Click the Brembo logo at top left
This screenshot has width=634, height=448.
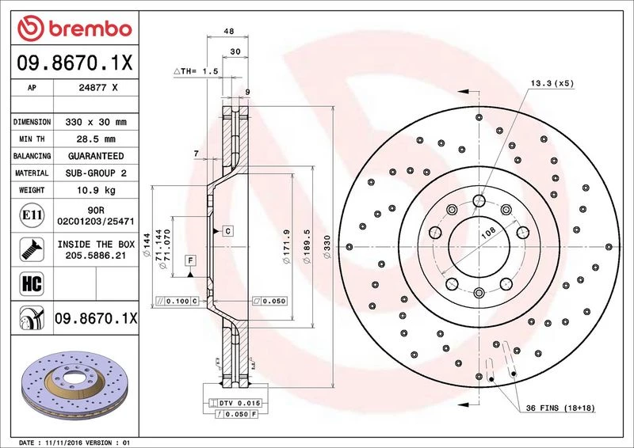point(74,28)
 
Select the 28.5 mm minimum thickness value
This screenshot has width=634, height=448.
point(96,139)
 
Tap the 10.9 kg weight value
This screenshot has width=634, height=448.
point(96,190)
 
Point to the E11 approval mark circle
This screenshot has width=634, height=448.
point(32,215)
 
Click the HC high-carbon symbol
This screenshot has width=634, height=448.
point(32,283)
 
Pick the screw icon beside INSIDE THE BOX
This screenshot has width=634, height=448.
point(32,249)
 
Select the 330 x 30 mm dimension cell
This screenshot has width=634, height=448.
point(96,122)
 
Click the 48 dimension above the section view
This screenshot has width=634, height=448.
point(229,31)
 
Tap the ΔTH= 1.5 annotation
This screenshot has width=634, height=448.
point(196,71)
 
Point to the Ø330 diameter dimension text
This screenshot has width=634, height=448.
point(327,247)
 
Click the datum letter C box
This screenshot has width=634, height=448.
point(228,231)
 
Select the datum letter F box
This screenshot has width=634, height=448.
point(190,260)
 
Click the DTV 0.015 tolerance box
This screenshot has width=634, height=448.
point(235,403)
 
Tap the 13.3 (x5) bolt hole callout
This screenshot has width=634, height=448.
point(552,83)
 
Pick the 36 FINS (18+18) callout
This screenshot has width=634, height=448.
point(560,408)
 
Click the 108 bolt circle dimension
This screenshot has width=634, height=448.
point(488,232)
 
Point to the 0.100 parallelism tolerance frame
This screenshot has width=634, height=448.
point(177,301)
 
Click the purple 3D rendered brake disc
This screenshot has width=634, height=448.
point(74,385)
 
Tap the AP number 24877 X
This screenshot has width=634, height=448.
point(97,87)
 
